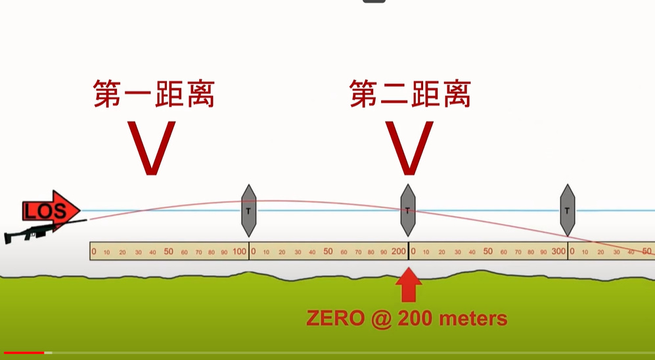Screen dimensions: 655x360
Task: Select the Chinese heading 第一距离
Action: (154, 94)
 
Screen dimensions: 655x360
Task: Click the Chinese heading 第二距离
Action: (410, 94)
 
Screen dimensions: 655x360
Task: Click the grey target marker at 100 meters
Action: (248, 211)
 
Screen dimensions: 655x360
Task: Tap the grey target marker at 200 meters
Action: (408, 210)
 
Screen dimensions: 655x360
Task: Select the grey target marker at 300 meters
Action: (567, 210)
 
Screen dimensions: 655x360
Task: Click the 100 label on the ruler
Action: (239, 252)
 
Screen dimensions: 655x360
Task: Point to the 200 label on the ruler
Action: (399, 252)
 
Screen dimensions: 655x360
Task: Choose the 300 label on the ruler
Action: (558, 252)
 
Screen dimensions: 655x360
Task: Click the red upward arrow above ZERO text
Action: (409, 285)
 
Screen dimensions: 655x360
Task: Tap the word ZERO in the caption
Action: (336, 319)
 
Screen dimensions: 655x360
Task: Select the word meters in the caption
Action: (473, 319)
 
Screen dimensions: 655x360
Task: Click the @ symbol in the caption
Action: (382, 319)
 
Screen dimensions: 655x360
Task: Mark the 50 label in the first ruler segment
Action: (168, 252)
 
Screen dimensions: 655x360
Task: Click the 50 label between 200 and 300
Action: (488, 252)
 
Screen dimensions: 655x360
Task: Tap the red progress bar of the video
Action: (24, 353)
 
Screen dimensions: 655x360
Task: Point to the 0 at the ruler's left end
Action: (94, 252)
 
